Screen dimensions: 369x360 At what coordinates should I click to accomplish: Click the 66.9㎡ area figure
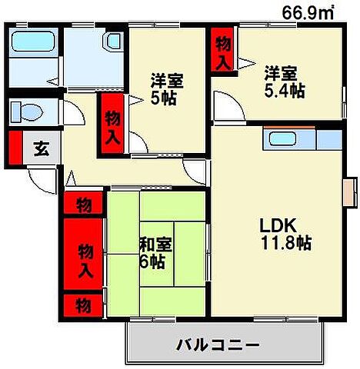click(310, 12)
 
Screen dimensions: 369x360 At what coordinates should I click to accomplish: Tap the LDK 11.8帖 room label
click(284, 234)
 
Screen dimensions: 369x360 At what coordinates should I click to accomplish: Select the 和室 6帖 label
click(156, 253)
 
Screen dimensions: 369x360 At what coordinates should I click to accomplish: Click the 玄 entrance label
click(39, 148)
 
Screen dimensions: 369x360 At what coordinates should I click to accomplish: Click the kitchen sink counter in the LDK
click(300, 140)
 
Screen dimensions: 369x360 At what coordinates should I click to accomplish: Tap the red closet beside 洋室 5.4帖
click(222, 52)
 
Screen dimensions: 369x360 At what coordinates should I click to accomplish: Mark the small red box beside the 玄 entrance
click(15, 148)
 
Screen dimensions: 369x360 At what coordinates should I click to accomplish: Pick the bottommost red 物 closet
click(84, 304)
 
